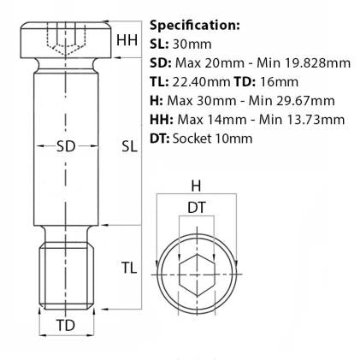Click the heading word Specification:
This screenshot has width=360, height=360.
point(195,26)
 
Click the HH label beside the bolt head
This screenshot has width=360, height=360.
point(127,40)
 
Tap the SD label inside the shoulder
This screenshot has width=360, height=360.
point(66,146)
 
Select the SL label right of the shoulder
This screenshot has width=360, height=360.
point(130,146)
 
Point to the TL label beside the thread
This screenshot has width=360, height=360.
point(129,268)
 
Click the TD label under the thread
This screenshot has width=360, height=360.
point(66,325)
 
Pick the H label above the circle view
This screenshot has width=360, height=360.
point(196,186)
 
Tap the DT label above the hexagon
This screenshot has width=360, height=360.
point(197,208)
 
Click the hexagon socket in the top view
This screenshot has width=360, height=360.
point(197,275)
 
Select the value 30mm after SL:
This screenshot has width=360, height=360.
point(192,44)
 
